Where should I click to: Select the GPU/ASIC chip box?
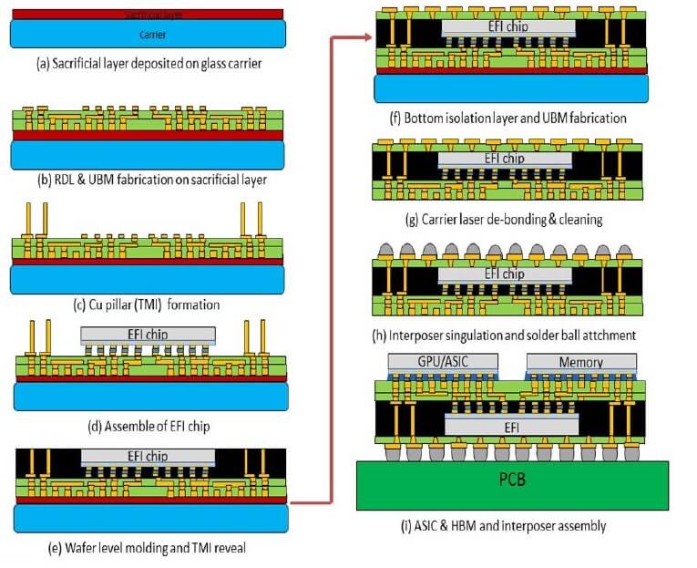(x=444, y=362)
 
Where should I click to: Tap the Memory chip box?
(x=581, y=362)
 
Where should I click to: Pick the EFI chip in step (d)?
(x=149, y=334)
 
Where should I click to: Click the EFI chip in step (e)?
(x=149, y=456)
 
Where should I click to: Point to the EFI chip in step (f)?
(x=508, y=27)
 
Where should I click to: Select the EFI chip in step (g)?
(x=508, y=157)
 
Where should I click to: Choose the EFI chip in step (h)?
(x=508, y=274)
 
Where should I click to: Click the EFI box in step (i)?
(x=510, y=425)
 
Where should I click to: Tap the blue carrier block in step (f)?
(x=512, y=89)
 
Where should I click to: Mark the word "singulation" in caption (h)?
(x=474, y=335)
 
